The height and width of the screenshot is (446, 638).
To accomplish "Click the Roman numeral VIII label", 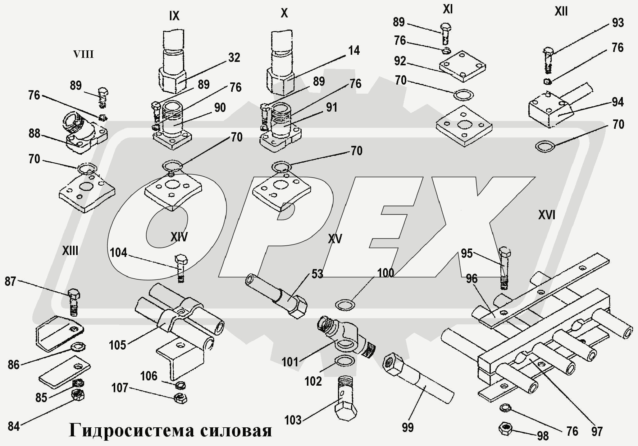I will click(x=83, y=55).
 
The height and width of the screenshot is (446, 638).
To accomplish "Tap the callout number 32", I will click(x=234, y=58).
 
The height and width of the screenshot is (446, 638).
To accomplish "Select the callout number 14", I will click(x=354, y=50).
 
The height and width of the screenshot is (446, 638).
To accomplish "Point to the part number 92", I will click(x=400, y=61).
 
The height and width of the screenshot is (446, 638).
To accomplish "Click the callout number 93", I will click(x=617, y=23).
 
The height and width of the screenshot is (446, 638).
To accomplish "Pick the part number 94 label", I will click(x=617, y=102).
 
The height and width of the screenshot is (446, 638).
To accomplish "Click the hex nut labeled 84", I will click(x=78, y=395).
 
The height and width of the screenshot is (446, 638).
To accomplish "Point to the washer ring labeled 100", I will click(x=345, y=305).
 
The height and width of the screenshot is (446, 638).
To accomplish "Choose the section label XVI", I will click(x=547, y=215).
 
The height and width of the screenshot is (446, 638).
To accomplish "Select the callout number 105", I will click(x=117, y=345).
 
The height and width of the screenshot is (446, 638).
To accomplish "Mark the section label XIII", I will click(x=70, y=250).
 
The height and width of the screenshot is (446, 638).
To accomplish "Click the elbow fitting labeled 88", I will click(x=82, y=134).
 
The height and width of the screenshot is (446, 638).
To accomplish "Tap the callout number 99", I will click(x=408, y=427).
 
